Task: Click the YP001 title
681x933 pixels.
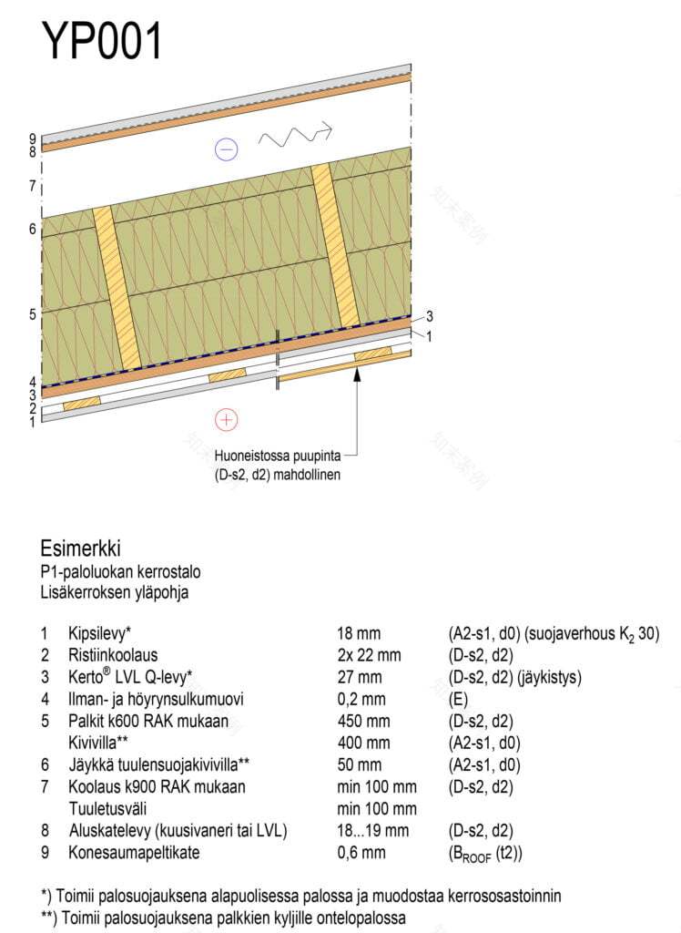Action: pyautogui.click(x=102, y=41)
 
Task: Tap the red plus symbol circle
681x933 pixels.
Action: pyautogui.click(x=225, y=419)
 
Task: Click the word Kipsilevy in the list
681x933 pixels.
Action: pyautogui.click(x=100, y=632)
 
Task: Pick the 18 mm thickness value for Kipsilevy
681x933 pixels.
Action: pyautogui.click(x=359, y=632)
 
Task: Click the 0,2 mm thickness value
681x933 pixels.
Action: pyautogui.click(x=361, y=699)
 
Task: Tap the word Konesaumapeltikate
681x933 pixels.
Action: pyautogui.click(x=135, y=853)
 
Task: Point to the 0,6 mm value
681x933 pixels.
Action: pyautogui.click(x=361, y=853)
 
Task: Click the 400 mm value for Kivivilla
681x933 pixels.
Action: pyautogui.click(x=363, y=743)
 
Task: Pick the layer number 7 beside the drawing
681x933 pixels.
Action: pyautogui.click(x=32, y=186)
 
